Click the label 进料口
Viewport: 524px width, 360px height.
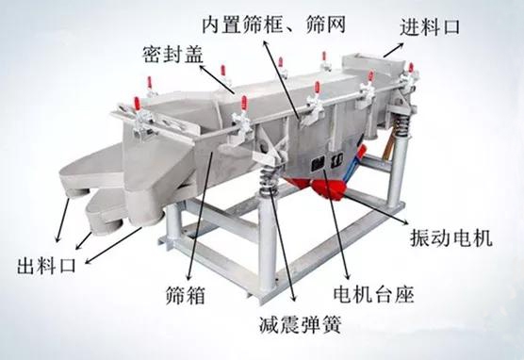pyautogui.click(x=430, y=27)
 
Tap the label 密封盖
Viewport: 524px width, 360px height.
pyautogui.click(x=173, y=54)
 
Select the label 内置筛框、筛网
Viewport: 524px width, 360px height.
pyautogui.click(x=273, y=25)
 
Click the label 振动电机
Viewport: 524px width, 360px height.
pyautogui.click(x=451, y=237)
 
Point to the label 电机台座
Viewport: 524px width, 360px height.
pyautogui.click(x=373, y=294)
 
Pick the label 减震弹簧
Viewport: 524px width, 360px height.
pyautogui.click(x=301, y=324)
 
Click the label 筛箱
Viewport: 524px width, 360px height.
pyautogui.click(x=185, y=295)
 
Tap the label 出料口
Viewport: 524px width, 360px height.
pyautogui.click(x=46, y=266)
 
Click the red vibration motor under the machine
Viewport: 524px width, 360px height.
pyautogui.click(x=328, y=188)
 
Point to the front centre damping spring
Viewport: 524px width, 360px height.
pyautogui.click(x=268, y=182)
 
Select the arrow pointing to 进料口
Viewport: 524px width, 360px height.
pyautogui.click(x=393, y=50)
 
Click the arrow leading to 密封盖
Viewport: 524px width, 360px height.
pyautogui.click(x=217, y=79)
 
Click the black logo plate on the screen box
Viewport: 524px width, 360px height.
pyautogui.click(x=327, y=162)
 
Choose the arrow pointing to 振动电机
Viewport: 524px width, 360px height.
pyautogui.click(x=377, y=208)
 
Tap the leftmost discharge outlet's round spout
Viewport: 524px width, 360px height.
pyautogui.click(x=77, y=192)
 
